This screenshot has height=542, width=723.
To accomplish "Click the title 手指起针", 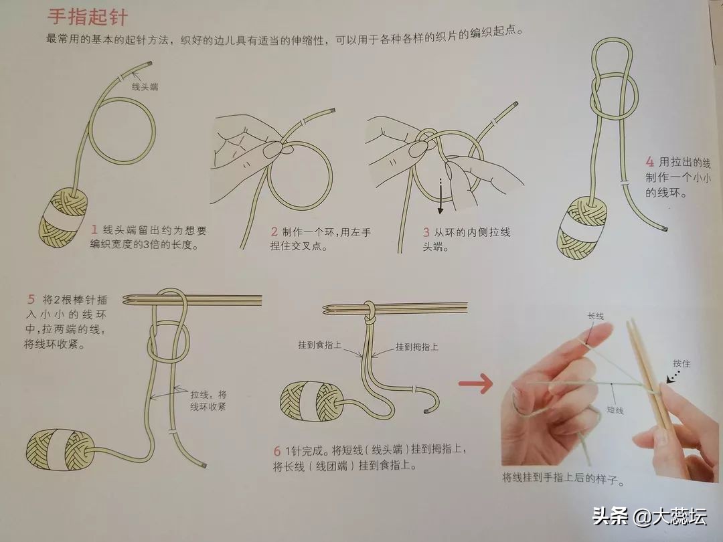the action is click(x=88, y=17).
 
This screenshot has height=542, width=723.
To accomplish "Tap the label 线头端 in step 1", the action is click(x=145, y=86).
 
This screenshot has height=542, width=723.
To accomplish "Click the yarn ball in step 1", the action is click(x=64, y=217).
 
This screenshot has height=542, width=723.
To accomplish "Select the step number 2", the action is click(x=274, y=232).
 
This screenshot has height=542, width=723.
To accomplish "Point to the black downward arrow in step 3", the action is click(x=440, y=196).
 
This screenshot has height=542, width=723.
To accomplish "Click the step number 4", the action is click(x=649, y=162).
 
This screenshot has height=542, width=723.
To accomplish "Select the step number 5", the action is click(x=31, y=299).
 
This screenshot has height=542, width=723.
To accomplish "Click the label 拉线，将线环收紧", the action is click(x=208, y=401).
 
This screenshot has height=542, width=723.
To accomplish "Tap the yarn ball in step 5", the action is click(x=60, y=450).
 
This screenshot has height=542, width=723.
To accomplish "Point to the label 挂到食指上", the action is click(x=319, y=345).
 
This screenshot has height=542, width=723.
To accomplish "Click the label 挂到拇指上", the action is click(x=417, y=347).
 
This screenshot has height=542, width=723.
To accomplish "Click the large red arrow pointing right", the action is click(x=475, y=383).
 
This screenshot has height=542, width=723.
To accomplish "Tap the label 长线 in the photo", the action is click(x=595, y=316).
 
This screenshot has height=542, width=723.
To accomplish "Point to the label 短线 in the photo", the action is click(x=615, y=410).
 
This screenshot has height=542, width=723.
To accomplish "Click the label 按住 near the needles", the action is click(x=681, y=363).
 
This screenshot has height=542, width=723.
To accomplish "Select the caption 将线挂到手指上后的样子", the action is click(x=563, y=478).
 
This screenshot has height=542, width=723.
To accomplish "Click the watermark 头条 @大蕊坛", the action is click(x=649, y=516).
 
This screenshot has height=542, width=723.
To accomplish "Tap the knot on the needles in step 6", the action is click(x=369, y=314).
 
